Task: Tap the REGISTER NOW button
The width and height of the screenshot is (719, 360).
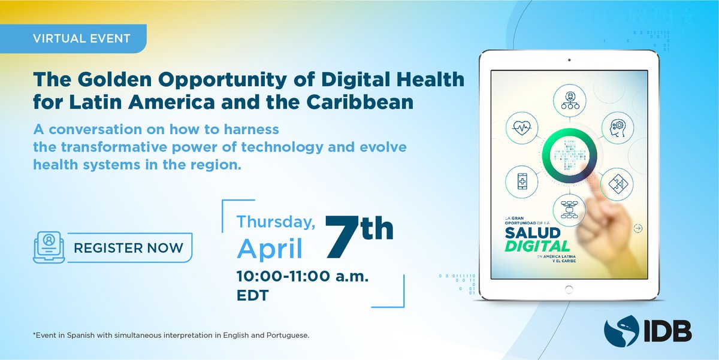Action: point(128,247)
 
